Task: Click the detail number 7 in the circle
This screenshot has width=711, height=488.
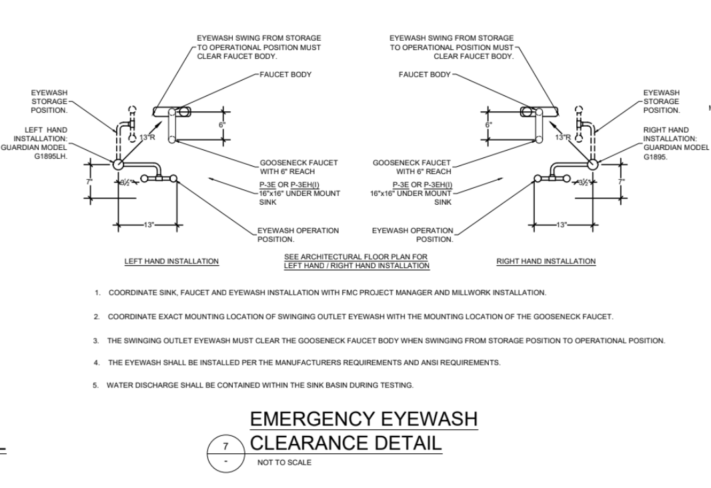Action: (x=226, y=444)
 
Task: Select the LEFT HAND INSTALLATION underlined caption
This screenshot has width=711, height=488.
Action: (x=172, y=261)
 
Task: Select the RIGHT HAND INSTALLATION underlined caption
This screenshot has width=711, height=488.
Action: (x=546, y=261)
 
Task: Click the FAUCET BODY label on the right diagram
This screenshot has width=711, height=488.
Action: (x=424, y=75)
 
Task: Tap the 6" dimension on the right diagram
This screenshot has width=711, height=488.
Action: (x=488, y=125)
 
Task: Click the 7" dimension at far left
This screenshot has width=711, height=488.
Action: (x=89, y=181)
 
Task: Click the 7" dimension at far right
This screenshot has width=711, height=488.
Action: (x=622, y=181)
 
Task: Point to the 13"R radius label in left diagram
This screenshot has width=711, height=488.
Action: (x=146, y=138)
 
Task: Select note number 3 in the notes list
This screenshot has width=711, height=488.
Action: (x=96, y=341)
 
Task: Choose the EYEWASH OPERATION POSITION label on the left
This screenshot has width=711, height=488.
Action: (x=298, y=235)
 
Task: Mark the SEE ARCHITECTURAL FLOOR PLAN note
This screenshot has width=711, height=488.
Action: (x=356, y=261)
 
